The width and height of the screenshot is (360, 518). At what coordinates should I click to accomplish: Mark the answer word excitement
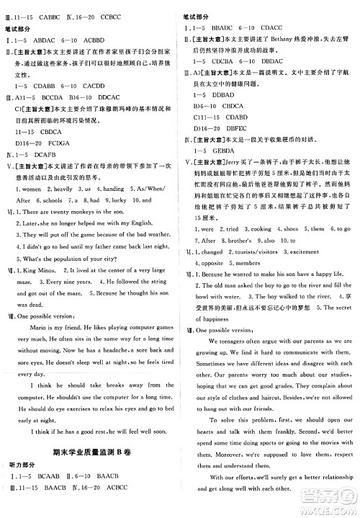click(310, 253)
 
